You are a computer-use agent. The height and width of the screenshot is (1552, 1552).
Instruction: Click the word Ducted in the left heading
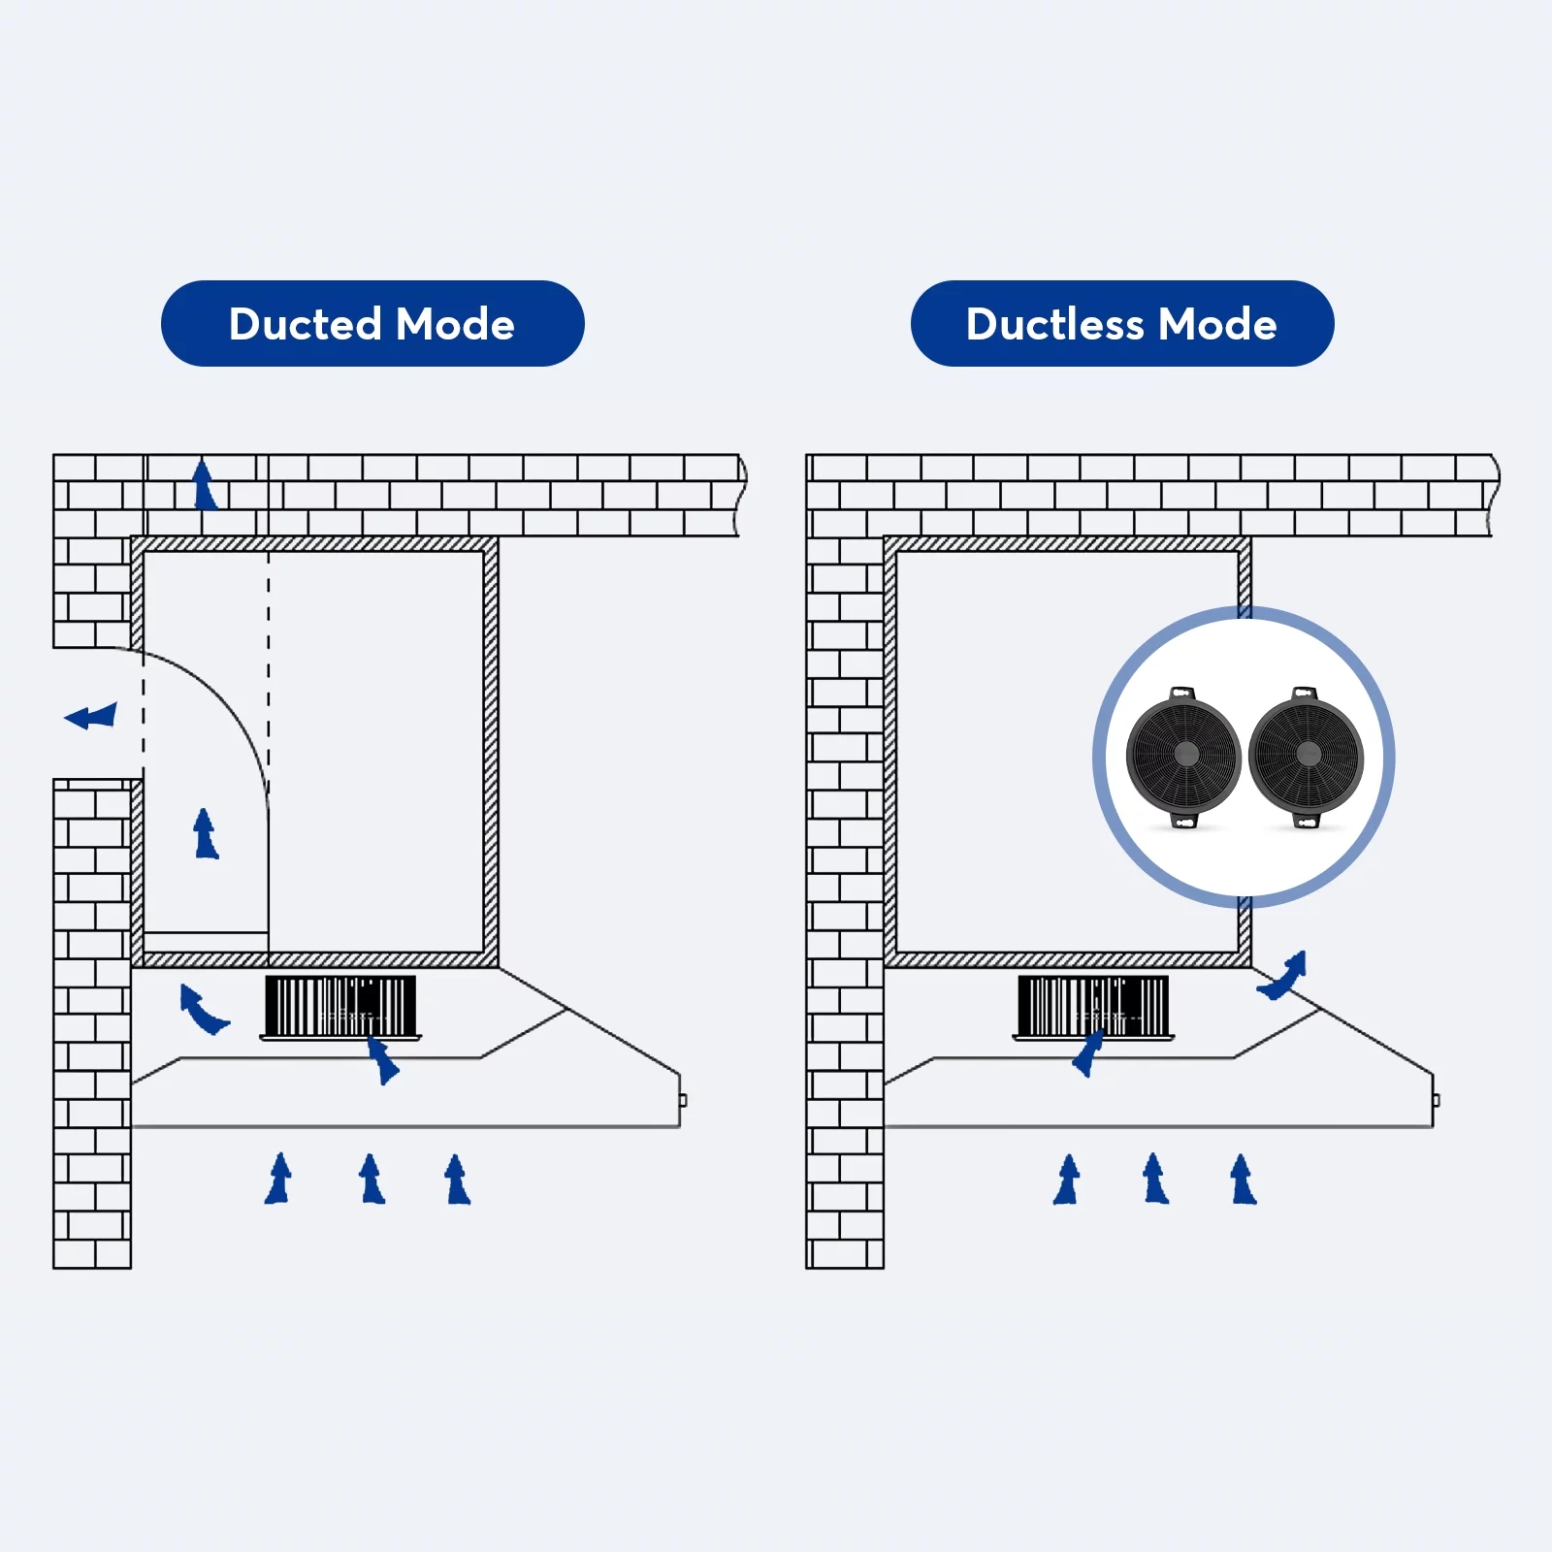[x=305, y=324]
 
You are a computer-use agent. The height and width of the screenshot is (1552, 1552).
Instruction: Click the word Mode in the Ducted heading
[x=455, y=324]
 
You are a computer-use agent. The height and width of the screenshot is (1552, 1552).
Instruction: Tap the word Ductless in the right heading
[x=1054, y=324]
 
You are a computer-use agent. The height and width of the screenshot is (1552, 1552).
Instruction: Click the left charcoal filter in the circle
[x=1183, y=755]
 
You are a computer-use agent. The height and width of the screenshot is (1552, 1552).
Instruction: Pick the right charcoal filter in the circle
[x=1306, y=755]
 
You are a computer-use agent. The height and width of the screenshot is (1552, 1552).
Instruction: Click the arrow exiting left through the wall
[x=91, y=717]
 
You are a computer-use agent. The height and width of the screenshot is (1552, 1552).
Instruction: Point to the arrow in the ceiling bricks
[x=204, y=485]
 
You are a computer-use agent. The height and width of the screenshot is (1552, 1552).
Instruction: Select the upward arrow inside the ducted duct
[x=205, y=834]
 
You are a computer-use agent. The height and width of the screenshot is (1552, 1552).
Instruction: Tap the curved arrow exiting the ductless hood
[x=1284, y=977]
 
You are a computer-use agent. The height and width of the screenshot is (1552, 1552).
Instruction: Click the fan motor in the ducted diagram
[x=340, y=1007]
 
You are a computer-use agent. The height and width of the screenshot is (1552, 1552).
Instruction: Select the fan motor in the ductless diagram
[x=1093, y=1007]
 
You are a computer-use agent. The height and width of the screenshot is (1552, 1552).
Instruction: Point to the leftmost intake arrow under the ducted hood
[x=278, y=1180]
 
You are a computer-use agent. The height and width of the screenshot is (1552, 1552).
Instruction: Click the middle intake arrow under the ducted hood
[x=372, y=1180]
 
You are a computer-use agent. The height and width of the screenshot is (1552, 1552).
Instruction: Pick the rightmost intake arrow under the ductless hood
[x=1243, y=1180]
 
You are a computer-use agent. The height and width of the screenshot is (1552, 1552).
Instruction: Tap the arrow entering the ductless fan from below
[x=1088, y=1053]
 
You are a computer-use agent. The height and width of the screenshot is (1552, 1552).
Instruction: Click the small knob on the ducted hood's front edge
[x=683, y=1100]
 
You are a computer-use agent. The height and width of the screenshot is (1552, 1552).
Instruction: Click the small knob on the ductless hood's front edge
[x=1436, y=1100]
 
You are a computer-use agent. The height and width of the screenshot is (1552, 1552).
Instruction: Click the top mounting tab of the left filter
[x=1181, y=694]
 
